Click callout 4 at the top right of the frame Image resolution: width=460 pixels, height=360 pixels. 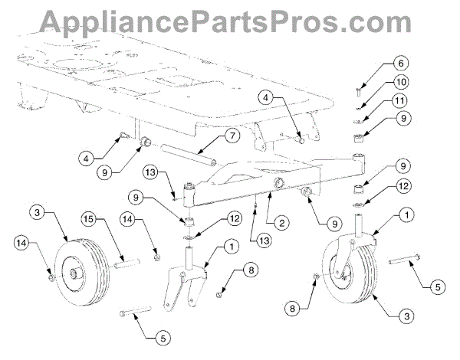pyautogui.click(x=264, y=99)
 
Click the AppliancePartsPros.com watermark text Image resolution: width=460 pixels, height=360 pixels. pyautogui.click(x=230, y=19)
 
